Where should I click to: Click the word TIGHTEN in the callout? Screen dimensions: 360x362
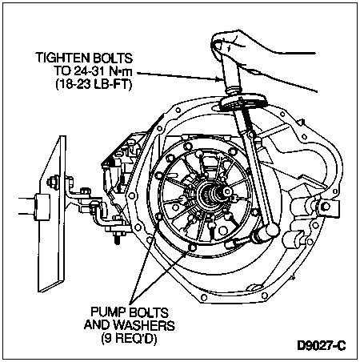point(62,58)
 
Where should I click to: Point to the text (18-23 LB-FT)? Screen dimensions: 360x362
point(94,84)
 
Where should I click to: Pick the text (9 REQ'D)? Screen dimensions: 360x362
point(129,339)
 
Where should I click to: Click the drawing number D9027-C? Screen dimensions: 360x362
point(322,346)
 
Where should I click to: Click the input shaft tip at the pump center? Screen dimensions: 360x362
point(227,191)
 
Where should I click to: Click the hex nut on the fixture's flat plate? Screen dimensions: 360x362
point(53,182)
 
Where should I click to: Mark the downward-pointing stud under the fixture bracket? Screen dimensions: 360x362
point(118,239)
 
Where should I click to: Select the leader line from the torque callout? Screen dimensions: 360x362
point(178,76)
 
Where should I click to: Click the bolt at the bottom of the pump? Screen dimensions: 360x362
point(193,247)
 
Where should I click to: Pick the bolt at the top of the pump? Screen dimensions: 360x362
point(198,154)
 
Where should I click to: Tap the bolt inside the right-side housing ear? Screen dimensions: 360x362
point(326,207)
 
